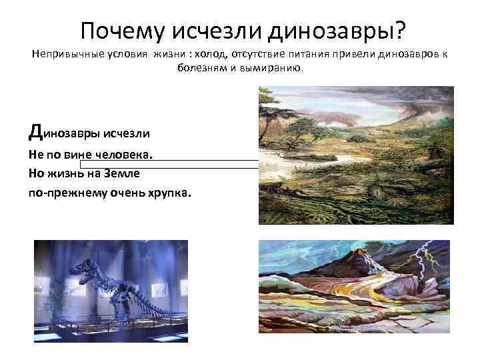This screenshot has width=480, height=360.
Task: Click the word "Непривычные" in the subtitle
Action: click(62, 54)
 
